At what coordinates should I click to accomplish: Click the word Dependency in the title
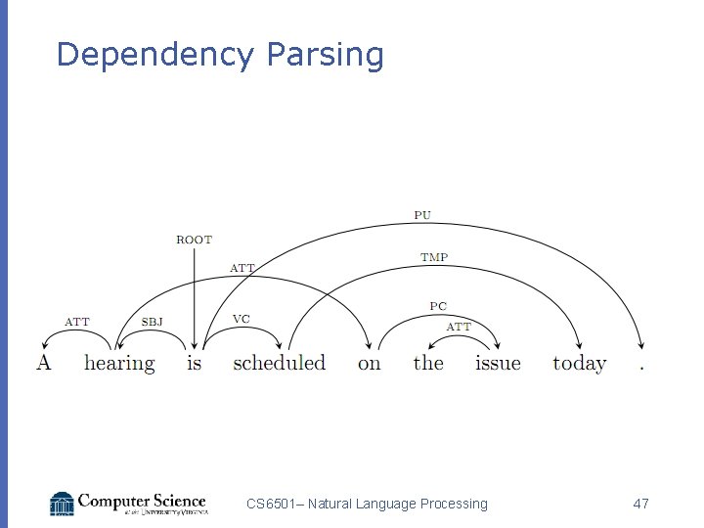(155, 56)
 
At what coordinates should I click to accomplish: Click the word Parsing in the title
(325, 56)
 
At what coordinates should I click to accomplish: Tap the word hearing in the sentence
(119, 364)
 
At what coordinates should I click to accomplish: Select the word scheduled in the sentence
(279, 363)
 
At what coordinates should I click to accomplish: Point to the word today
(580, 364)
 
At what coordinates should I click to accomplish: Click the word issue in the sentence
(498, 363)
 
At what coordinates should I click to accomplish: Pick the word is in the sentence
(194, 363)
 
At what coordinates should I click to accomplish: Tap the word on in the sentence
(369, 364)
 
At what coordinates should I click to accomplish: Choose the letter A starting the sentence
(43, 363)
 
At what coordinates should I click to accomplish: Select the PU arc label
(422, 214)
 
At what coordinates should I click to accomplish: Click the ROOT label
(194, 240)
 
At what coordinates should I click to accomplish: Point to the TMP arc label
(434, 257)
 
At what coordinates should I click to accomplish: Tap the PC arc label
(438, 306)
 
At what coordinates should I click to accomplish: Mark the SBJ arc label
(153, 322)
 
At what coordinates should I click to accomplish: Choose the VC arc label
(241, 319)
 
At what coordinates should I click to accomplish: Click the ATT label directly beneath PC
(459, 327)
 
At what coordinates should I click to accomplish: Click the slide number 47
(640, 504)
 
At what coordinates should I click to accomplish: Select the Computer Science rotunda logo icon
(62, 504)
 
